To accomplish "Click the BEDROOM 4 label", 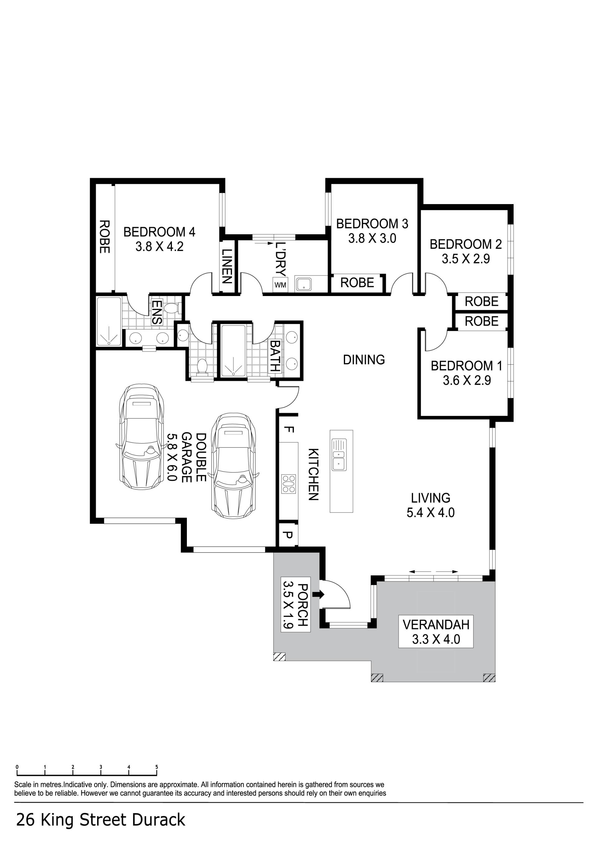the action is (x=159, y=232).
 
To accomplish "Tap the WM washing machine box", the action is (x=280, y=284).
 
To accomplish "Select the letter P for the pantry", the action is (x=289, y=534).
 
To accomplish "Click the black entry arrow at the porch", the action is (x=318, y=594).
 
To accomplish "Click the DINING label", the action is (x=364, y=360).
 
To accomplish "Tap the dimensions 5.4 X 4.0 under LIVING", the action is (x=430, y=513).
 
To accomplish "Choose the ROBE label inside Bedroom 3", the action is (x=357, y=283).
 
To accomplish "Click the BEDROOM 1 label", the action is (x=467, y=366).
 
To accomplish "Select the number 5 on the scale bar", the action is (x=156, y=767).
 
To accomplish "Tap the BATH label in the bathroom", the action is (x=275, y=356).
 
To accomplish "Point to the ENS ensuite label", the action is (x=157, y=312).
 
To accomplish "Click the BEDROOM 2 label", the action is (x=466, y=244).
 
